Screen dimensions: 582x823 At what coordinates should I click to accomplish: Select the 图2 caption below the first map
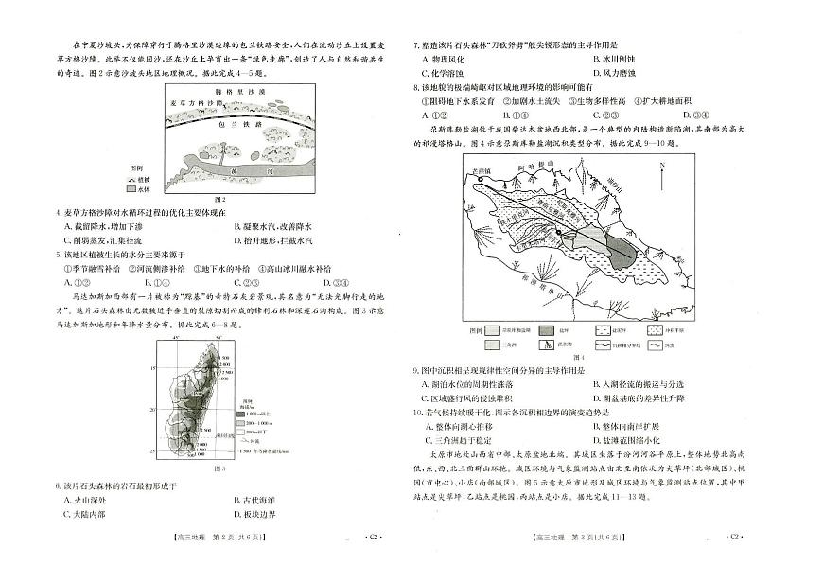pos(219,199)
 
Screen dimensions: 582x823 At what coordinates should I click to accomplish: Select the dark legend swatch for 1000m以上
pos(241,414)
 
